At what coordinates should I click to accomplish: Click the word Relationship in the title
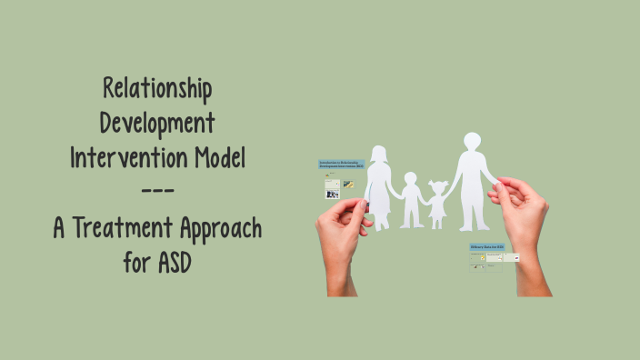tap(157, 90)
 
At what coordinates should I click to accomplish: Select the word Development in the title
tap(157, 123)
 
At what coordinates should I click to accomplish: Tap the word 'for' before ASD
tap(136, 263)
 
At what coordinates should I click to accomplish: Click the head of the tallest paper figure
tap(472, 142)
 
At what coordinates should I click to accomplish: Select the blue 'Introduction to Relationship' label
tap(341, 165)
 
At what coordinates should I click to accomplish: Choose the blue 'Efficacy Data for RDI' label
tap(487, 246)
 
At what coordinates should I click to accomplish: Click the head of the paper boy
tap(411, 178)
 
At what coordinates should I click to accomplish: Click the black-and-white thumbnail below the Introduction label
tap(333, 194)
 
